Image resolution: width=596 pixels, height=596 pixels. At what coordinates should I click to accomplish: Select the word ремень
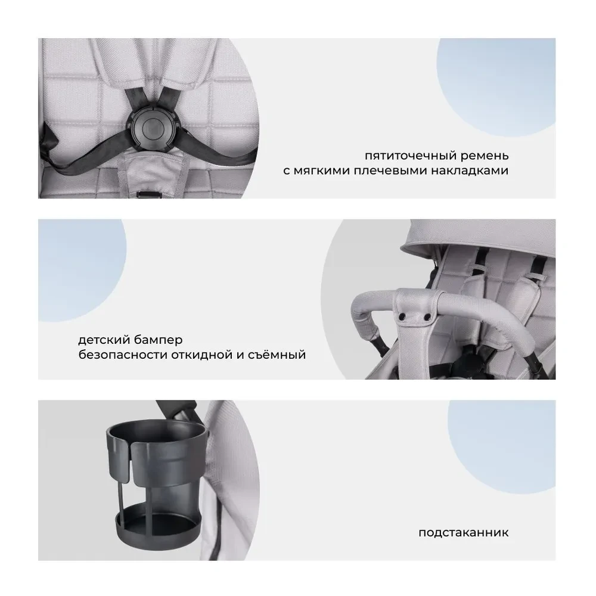(485, 156)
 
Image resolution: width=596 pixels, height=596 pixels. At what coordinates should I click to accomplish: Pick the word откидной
(202, 354)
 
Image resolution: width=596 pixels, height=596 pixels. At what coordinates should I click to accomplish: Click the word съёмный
(277, 354)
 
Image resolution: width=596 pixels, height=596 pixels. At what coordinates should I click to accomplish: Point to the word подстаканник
(463, 532)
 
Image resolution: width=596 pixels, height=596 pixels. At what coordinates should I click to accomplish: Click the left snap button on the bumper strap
(402, 317)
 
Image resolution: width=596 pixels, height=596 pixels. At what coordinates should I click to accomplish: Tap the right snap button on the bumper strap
(427, 317)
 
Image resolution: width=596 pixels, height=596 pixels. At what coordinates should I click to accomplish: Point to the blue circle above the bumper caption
(82, 271)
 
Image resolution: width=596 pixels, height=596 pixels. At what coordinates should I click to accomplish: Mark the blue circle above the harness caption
(496, 88)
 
